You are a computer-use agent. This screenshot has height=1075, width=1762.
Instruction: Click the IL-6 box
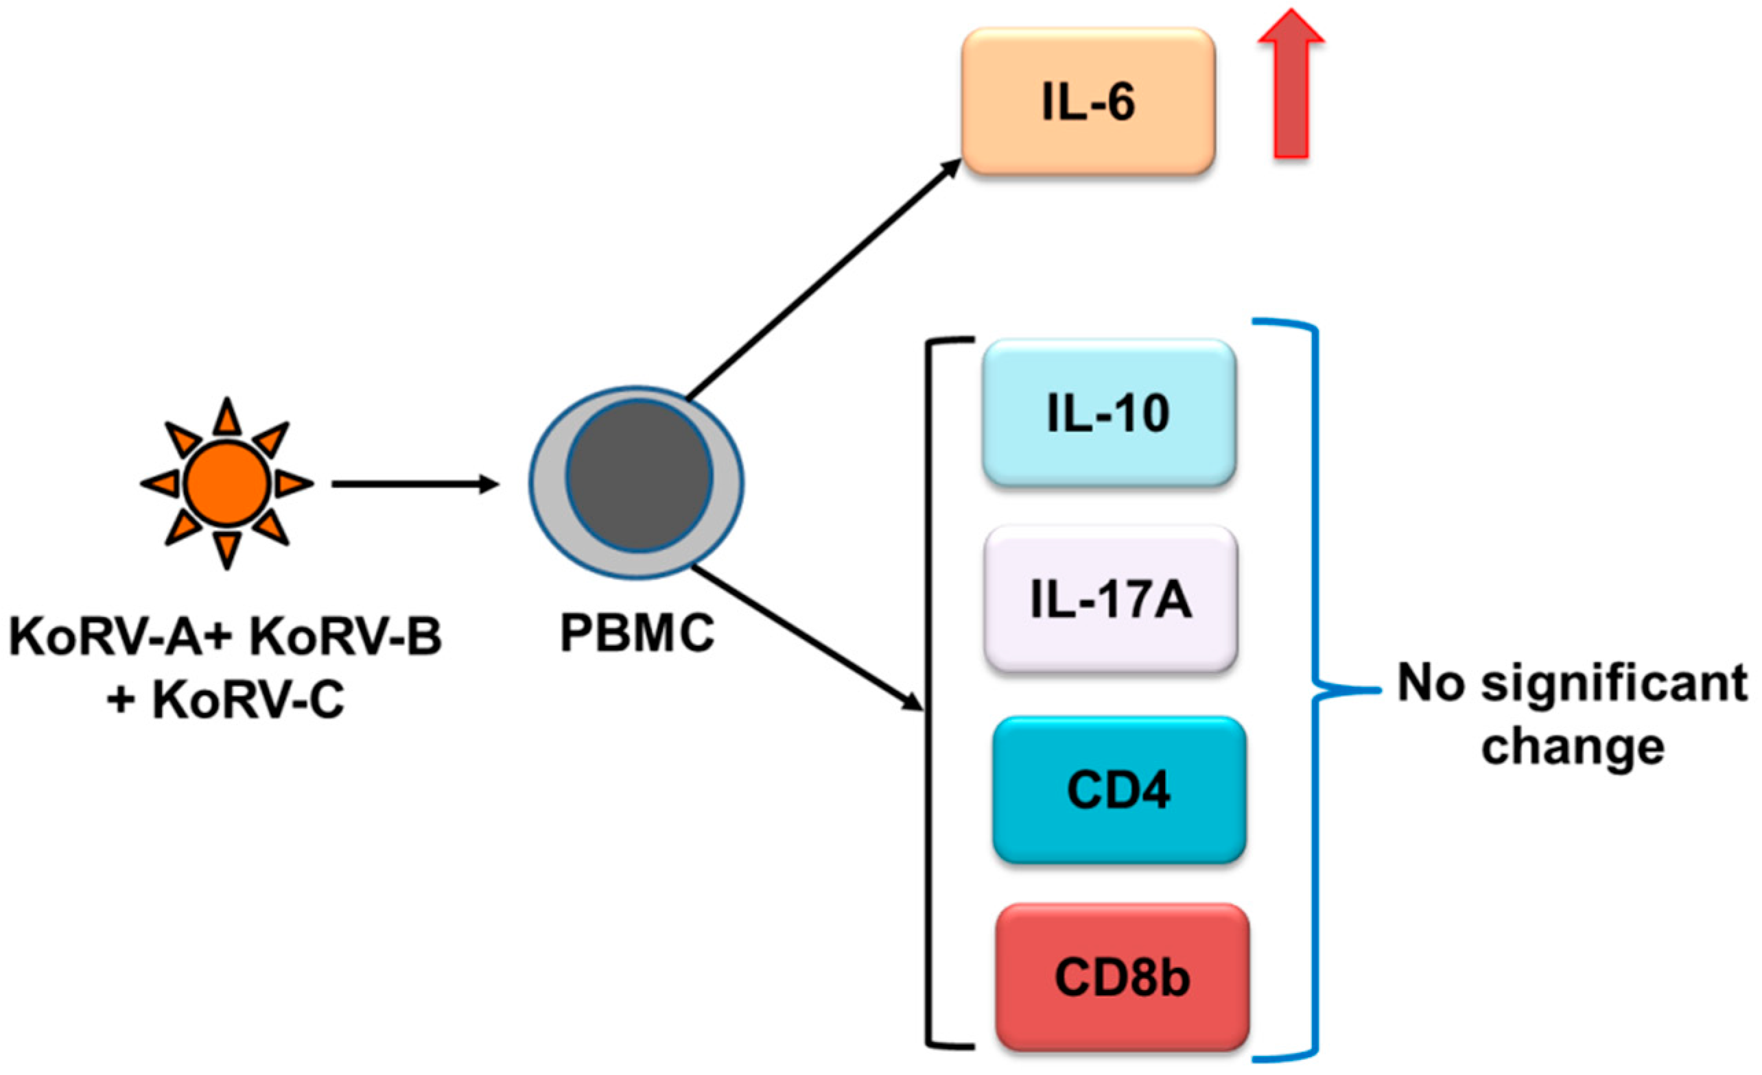(1088, 101)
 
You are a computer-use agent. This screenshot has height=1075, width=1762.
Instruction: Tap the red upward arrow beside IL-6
(1291, 86)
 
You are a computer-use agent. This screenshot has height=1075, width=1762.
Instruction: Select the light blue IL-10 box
(1108, 413)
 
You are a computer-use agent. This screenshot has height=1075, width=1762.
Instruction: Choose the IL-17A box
(1111, 599)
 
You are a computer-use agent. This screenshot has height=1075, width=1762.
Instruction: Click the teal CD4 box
(1119, 789)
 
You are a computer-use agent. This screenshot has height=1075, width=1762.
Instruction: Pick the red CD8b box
(1122, 977)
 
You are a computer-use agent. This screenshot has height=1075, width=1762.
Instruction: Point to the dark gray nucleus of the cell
(639, 475)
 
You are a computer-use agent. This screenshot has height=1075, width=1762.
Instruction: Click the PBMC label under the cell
(637, 633)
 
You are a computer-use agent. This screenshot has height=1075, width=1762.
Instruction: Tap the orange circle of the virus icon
(226, 484)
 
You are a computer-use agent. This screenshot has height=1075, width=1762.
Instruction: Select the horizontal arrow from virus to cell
(414, 485)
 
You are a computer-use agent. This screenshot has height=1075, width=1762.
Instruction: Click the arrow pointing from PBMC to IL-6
(823, 279)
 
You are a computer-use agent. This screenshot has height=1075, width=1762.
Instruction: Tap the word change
(1573, 749)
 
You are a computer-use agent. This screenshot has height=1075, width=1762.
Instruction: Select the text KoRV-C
(248, 699)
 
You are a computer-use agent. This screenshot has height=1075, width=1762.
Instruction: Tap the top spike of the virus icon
(226, 418)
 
